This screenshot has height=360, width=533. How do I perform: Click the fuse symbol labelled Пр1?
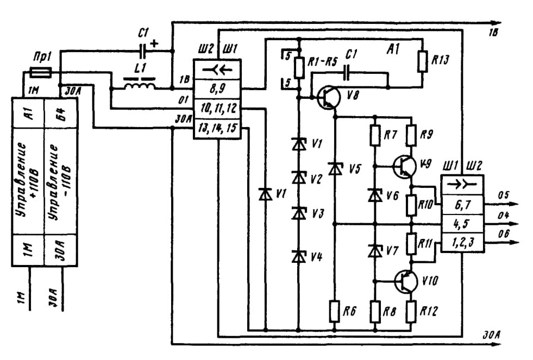point(41,72)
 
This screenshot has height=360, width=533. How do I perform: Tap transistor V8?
point(328,97)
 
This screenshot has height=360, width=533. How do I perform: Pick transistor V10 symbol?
point(406,281)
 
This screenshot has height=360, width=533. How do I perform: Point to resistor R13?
point(422,61)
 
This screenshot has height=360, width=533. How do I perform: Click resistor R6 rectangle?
point(335,311)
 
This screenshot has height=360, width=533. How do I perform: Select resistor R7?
point(375,136)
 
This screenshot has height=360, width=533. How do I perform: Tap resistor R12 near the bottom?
point(411,311)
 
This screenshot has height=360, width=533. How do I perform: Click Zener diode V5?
point(335,168)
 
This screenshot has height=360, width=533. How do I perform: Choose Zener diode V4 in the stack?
point(298,256)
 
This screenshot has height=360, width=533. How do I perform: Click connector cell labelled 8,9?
point(217,89)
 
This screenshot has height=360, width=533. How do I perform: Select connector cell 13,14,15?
point(217,128)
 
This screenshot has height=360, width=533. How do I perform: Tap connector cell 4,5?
point(462,224)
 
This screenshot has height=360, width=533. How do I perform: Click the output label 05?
point(504,195)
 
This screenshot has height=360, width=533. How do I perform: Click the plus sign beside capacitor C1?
point(154,43)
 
